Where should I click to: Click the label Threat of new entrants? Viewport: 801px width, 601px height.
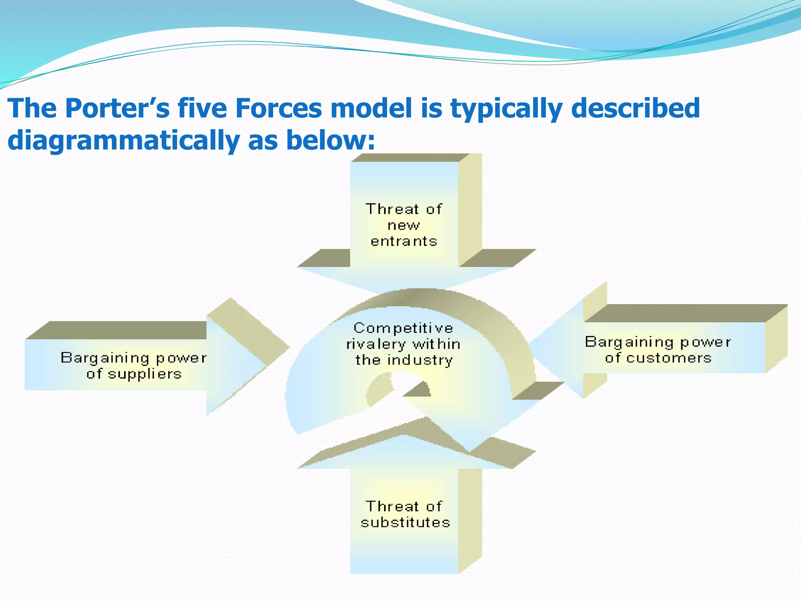click(404, 225)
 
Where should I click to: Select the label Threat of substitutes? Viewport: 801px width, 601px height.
click(405, 515)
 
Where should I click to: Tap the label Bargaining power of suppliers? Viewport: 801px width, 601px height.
click(134, 366)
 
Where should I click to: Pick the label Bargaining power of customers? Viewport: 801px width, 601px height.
click(658, 350)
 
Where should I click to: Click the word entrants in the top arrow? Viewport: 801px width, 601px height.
click(404, 241)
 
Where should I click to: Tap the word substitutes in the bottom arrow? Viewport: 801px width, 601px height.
click(406, 523)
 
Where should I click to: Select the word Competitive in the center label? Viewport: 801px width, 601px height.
click(403, 328)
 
